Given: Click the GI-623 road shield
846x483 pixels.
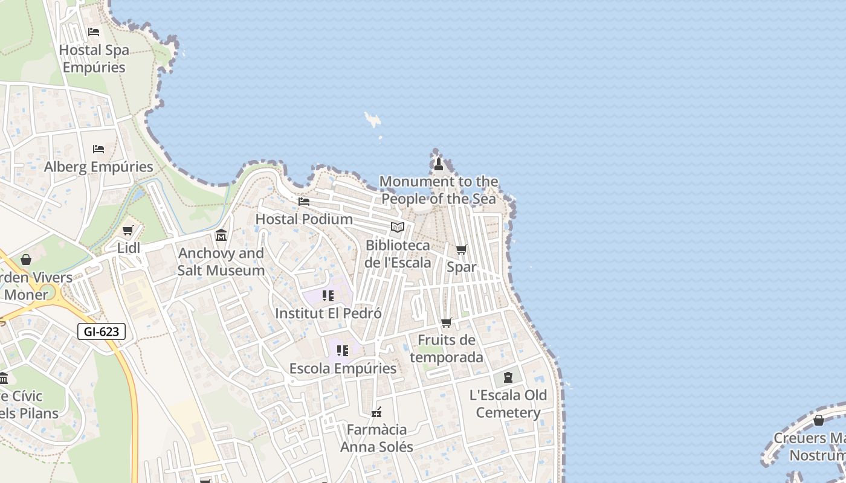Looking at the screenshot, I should [102, 331].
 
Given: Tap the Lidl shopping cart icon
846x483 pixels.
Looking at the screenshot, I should [128, 231].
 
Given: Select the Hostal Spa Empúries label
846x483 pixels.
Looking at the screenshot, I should [94, 59].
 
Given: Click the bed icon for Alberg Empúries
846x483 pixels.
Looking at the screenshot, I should [98, 149].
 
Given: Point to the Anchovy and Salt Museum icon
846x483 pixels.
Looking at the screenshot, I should [221, 235].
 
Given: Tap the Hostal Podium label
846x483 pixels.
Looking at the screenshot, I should [304, 219].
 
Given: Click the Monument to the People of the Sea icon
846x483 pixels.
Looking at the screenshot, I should [439, 164].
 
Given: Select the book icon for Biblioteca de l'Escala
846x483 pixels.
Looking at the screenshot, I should [397, 227].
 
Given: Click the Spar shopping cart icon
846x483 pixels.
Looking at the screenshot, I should [462, 249].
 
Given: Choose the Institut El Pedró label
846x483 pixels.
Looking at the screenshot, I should [328, 313].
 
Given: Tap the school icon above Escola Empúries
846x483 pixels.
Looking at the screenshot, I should [343, 351].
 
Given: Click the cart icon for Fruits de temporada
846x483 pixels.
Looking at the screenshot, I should [447, 322].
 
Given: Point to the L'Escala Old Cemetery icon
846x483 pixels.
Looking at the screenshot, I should [508, 377].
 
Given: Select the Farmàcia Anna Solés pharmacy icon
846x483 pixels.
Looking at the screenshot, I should [376, 412].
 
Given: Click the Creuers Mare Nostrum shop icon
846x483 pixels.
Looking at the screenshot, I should [819, 420].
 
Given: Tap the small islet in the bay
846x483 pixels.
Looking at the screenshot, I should [373, 120].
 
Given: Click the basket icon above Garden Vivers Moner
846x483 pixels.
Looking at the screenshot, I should [26, 260].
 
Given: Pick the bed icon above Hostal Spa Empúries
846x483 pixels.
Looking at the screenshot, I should [94, 31].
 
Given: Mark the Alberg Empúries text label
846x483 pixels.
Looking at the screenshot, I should [98, 167].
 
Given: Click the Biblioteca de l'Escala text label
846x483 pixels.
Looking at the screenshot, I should [398, 254].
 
